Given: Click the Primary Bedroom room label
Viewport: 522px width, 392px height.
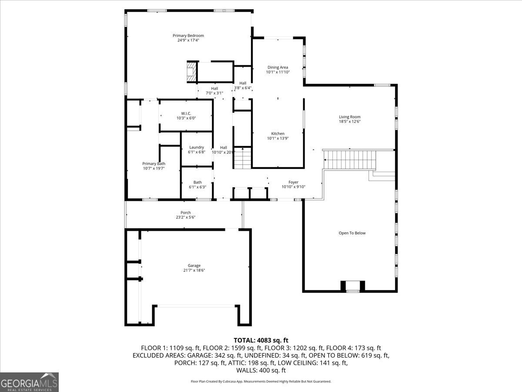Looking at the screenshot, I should [188, 36].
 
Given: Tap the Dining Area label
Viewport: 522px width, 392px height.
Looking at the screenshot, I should [278, 68].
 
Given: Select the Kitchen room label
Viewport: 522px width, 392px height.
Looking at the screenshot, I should [278, 134].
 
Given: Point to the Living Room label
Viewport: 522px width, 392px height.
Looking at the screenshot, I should [350, 117].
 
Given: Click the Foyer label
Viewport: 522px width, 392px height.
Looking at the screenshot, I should [294, 182].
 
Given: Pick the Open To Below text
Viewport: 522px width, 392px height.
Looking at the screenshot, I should [352, 233].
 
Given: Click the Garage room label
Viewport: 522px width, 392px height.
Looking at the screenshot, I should [194, 265].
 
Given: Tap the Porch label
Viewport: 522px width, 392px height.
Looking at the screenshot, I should [185, 213].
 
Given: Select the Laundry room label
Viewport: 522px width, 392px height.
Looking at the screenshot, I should [196, 147].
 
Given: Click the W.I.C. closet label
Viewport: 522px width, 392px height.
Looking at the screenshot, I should [186, 113].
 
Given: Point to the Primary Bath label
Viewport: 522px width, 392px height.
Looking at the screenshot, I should [154, 164].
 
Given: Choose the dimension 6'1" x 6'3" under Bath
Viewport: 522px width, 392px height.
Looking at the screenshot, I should [197, 187].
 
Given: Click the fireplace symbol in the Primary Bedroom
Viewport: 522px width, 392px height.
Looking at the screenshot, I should [191, 72].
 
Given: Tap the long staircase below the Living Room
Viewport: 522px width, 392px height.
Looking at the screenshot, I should [351, 159].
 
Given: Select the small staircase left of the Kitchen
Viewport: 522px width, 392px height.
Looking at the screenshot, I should [243, 158].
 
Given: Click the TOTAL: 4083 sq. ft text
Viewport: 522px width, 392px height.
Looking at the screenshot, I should [261, 340].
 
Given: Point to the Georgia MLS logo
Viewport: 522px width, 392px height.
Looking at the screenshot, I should [29, 382].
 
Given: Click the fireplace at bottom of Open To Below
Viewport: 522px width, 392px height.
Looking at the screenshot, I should [352, 286].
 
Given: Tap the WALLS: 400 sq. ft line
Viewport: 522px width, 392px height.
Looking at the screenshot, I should [261, 370].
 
